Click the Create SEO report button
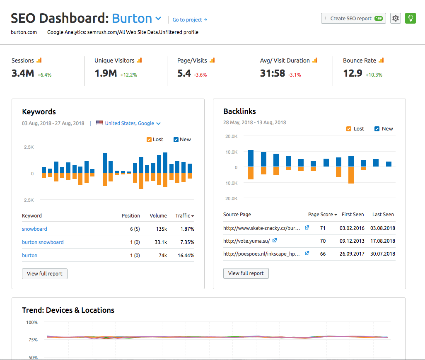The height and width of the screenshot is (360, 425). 353,18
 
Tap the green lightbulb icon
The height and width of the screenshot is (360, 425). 410,18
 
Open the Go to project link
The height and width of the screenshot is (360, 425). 190,19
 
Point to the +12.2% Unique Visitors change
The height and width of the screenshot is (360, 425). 128,75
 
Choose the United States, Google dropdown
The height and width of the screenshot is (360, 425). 133,123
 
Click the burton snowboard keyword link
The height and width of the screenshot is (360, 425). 43,242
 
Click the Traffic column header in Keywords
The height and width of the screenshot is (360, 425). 184,215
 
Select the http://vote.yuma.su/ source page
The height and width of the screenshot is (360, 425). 246,241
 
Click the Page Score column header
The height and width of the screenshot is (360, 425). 322,214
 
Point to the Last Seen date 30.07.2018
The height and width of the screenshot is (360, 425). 383,254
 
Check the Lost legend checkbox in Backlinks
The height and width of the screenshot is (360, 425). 349,129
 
